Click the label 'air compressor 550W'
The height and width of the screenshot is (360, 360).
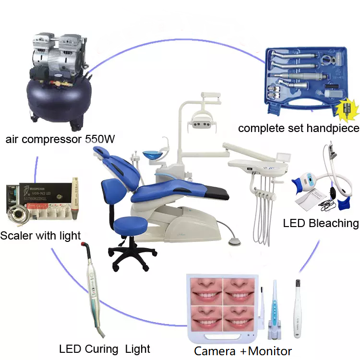(x=60, y=140)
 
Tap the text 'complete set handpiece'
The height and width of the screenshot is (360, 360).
(x=299, y=128)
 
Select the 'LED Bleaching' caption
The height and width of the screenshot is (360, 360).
(x=321, y=223)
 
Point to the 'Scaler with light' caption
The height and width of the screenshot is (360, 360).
(x=40, y=235)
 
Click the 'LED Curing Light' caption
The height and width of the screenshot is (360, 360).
(x=105, y=349)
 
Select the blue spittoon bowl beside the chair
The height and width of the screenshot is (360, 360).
(x=153, y=156)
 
